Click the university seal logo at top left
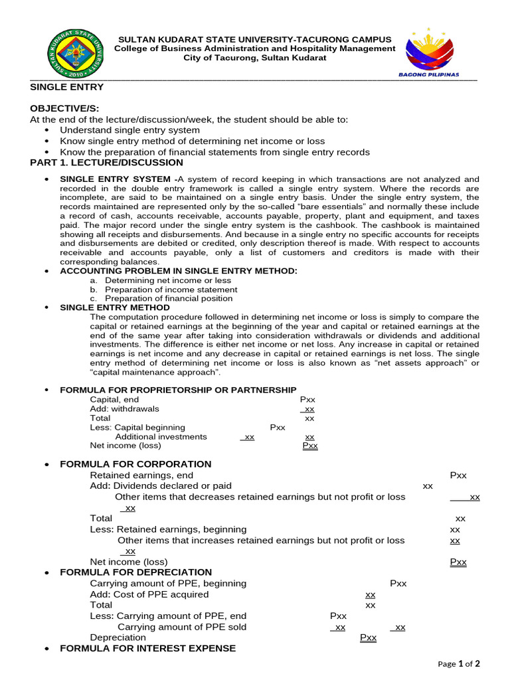[x=75, y=52]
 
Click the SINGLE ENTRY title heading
[x=67, y=87]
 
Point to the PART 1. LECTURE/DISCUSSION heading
[x=107, y=163]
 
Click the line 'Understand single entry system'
[x=129, y=130]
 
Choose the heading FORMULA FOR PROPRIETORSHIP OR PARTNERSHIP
[x=178, y=390]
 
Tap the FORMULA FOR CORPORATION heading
[x=135, y=464]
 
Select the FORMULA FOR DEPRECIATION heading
[x=135, y=572]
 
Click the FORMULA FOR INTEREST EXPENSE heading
[x=147, y=648]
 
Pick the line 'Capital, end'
[x=114, y=400]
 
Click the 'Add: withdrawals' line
[x=124, y=409]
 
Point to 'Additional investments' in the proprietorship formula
[x=161, y=437]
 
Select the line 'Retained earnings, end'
[x=141, y=475]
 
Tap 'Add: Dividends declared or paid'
[x=161, y=486]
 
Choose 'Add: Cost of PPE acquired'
[x=149, y=594]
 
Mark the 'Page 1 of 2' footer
[x=458, y=663]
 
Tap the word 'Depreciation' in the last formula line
[x=118, y=637]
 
